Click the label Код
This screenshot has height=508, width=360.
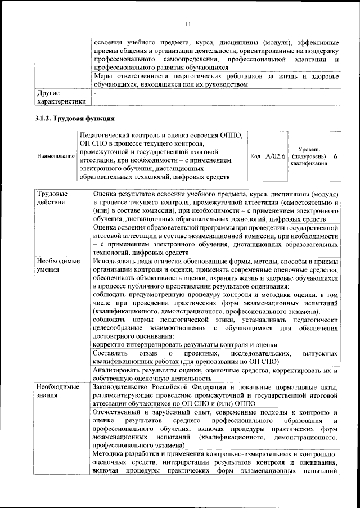pos(254,155)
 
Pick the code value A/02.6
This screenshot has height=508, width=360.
pos(276,155)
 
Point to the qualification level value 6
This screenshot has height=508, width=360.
pos(335,155)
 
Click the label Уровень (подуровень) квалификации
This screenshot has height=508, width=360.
pos(308,155)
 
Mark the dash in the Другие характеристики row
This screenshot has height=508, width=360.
pos(95,92)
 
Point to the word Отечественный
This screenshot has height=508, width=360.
pos(119,412)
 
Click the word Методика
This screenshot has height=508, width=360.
pos(110,454)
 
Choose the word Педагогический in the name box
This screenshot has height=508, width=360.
pos(107,136)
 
